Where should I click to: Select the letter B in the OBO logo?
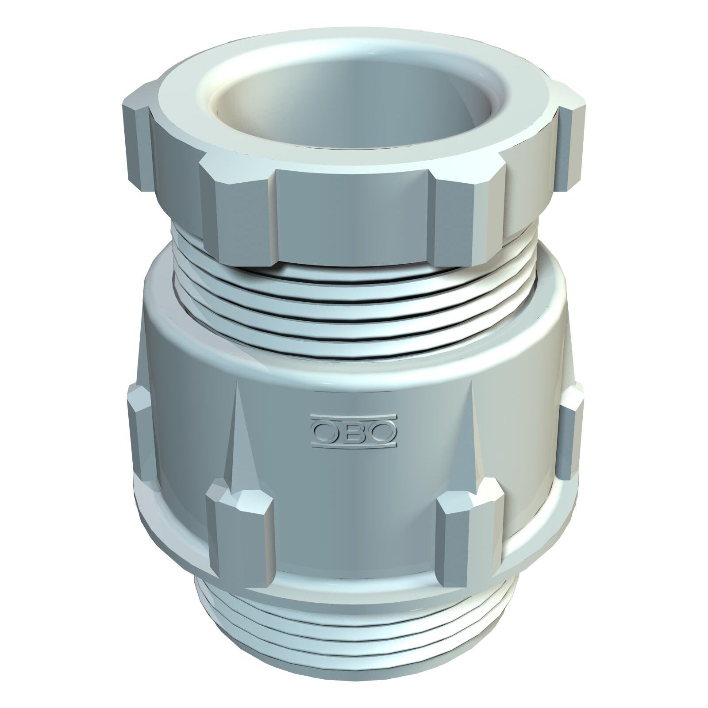(353, 431)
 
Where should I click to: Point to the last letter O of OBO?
(380, 431)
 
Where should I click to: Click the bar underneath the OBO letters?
(352, 445)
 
